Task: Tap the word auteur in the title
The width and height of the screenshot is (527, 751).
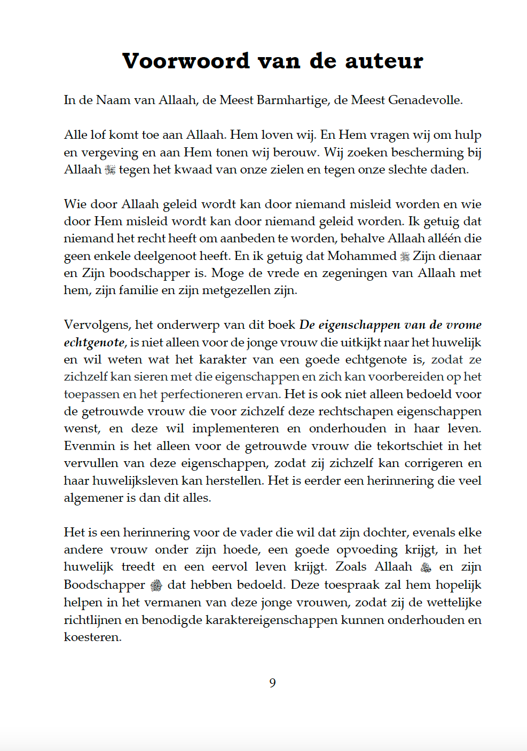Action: pos(384,61)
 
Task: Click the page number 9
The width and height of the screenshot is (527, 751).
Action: pos(272,683)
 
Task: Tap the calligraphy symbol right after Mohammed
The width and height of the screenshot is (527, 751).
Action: pos(405,256)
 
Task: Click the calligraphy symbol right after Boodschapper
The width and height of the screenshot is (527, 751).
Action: pos(156,585)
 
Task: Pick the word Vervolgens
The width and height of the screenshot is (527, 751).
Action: pos(97,325)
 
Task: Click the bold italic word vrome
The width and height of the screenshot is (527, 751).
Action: pos(463,325)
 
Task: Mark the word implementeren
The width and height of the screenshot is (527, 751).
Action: pos(235,429)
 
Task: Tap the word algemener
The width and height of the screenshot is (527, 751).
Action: pos(93,498)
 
